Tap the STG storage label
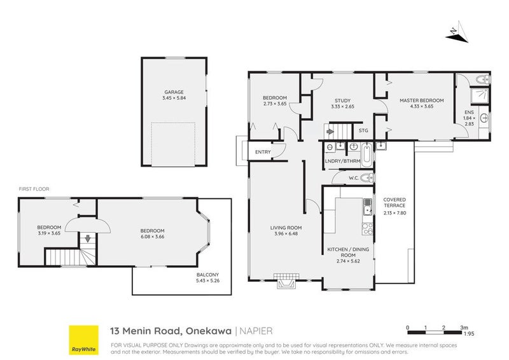tap(363, 131)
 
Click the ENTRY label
tap(263, 152)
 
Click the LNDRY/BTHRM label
tap(342, 161)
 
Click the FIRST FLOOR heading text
tap(34, 189)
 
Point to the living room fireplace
tap(285, 280)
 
